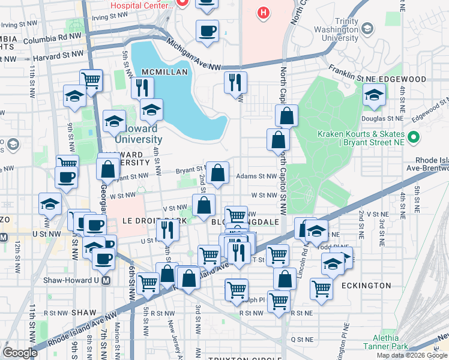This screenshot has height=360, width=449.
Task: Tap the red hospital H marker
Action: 262,13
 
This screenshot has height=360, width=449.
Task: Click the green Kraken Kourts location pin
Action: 412,137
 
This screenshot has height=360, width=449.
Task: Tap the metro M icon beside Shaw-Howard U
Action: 106,280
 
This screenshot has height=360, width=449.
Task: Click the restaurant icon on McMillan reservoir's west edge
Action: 143,88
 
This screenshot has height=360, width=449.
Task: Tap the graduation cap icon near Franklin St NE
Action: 374,95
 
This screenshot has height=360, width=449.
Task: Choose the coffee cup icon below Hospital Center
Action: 208,31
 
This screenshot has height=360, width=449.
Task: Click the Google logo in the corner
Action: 19,353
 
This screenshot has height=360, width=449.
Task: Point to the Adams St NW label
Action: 256,176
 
